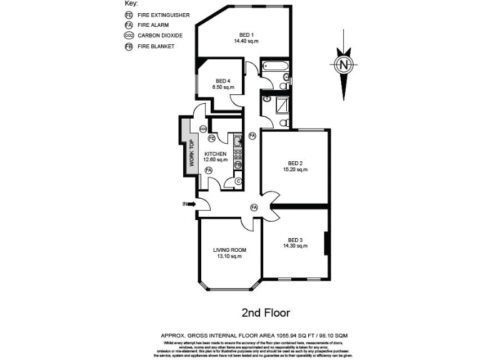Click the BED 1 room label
246,34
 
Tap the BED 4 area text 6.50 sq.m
223,87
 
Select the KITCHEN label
215,154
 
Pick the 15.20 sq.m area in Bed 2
295,169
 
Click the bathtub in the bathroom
274,66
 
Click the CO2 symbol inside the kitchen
203,129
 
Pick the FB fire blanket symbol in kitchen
237,164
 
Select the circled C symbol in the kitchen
237,181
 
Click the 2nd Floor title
266,311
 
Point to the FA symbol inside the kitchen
209,169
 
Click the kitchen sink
237,141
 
